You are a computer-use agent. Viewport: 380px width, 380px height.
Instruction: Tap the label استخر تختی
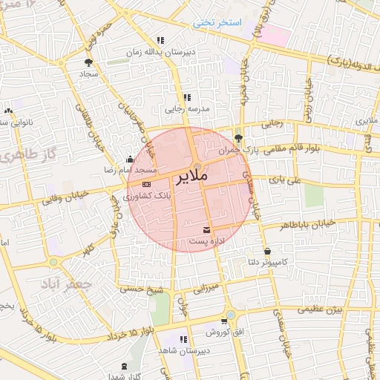[217, 22]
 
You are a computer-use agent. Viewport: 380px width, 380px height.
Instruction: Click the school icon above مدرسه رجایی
[187, 96]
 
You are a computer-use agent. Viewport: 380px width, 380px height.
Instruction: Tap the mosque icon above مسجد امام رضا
[131, 159]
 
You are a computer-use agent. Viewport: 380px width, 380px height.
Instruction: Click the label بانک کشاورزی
[147, 196]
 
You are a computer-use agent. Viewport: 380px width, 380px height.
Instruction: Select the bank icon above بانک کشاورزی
[146, 184]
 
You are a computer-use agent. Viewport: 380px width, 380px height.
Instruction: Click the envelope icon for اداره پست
[206, 229]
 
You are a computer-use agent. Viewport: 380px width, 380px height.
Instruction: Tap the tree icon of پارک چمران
[238, 137]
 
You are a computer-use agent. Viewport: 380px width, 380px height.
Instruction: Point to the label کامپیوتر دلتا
[272, 262]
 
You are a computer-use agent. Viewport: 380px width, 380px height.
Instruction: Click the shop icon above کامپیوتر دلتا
[267, 250]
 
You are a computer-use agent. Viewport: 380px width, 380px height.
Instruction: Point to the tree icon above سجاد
[90, 63]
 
